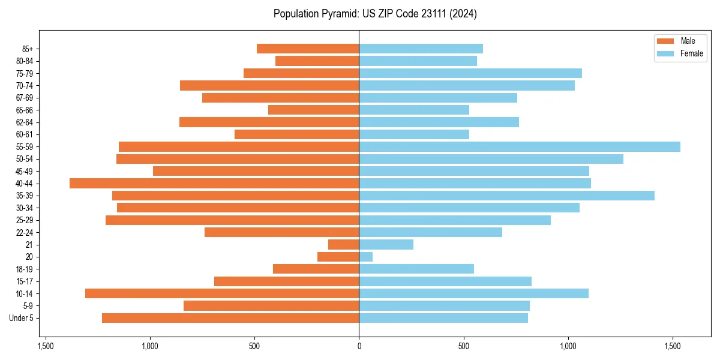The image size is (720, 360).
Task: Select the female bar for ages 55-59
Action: click(x=520, y=147)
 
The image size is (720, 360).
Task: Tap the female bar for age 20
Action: click(x=366, y=257)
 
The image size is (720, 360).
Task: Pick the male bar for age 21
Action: click(x=344, y=245)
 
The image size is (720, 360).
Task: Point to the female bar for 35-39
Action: click(x=506, y=196)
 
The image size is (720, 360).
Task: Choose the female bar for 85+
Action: click(x=421, y=49)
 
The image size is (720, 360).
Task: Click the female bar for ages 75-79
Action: click(x=470, y=73)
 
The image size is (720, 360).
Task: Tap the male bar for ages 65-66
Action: click(x=313, y=110)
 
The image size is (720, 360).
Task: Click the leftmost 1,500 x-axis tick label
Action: click(x=45, y=346)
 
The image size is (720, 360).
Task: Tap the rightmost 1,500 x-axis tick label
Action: click(x=673, y=346)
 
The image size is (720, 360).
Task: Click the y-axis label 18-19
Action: click(x=24, y=269)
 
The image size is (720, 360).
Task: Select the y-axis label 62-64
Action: click(x=24, y=122)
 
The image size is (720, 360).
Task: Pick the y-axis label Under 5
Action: click(x=22, y=318)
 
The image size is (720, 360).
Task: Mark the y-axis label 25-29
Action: click(x=24, y=220)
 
